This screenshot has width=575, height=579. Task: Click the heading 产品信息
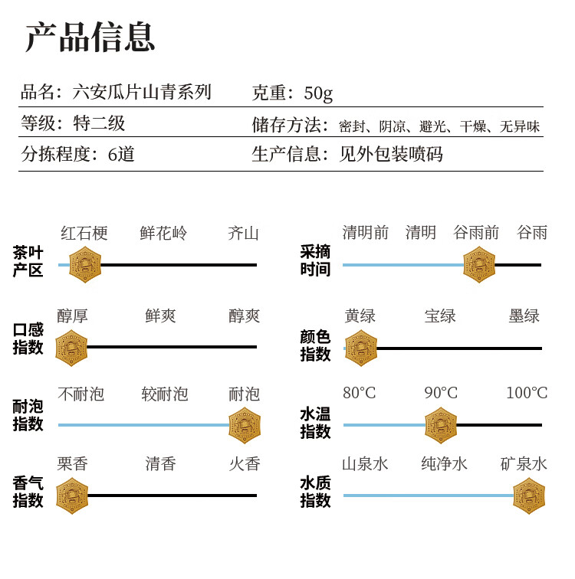point(90,37)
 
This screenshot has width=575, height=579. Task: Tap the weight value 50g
point(318,93)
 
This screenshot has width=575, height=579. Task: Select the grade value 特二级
point(99,123)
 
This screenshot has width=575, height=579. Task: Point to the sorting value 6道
point(121,154)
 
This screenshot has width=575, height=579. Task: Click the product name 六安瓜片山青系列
point(142,92)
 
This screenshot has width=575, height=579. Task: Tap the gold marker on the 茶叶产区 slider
point(85,265)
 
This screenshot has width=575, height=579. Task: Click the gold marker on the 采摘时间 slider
point(479,265)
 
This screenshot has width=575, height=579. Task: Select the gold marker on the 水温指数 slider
point(441,425)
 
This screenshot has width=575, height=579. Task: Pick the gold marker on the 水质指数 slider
point(529,496)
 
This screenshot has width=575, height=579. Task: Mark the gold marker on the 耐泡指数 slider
point(245,425)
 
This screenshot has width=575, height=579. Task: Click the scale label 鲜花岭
point(163,233)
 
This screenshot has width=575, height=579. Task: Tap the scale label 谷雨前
point(476,233)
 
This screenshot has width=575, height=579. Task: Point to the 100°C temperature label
point(527,393)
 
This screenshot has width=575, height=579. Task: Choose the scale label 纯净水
point(444,464)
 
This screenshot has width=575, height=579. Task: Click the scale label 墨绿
point(524,316)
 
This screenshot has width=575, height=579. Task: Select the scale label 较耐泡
point(165,394)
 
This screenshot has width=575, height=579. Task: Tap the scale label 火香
point(245,464)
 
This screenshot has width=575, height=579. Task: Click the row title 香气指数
point(28,492)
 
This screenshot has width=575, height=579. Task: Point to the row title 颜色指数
point(315,345)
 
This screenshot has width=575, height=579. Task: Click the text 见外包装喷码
point(391,154)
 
